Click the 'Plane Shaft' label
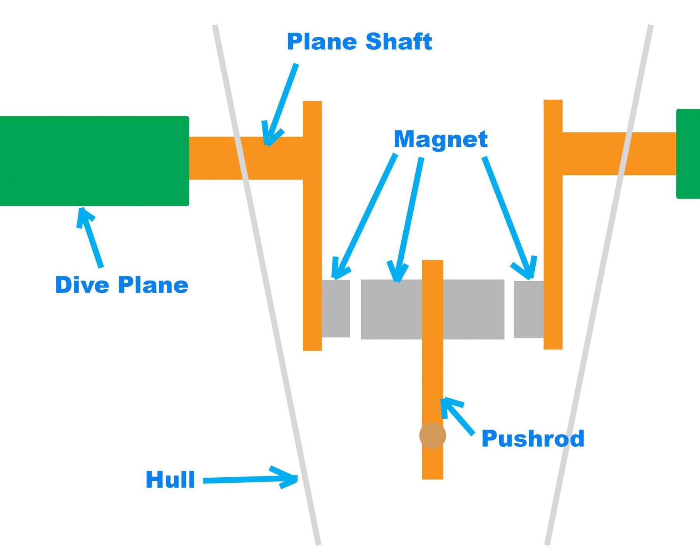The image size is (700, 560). point(359,42)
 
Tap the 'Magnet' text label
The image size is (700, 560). point(441,139)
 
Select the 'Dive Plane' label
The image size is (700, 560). point(122,285)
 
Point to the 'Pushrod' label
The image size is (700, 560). point(533,438)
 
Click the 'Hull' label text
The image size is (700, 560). point(170,480)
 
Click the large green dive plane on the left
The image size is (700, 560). point(94,161)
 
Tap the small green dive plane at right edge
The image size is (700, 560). point(688,154)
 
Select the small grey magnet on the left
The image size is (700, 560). point(336,309)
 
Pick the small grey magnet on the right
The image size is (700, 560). point(529,309)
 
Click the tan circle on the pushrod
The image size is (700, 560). point(433,435)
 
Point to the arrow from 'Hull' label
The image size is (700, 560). point(250,479)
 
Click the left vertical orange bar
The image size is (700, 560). point(312,231)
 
